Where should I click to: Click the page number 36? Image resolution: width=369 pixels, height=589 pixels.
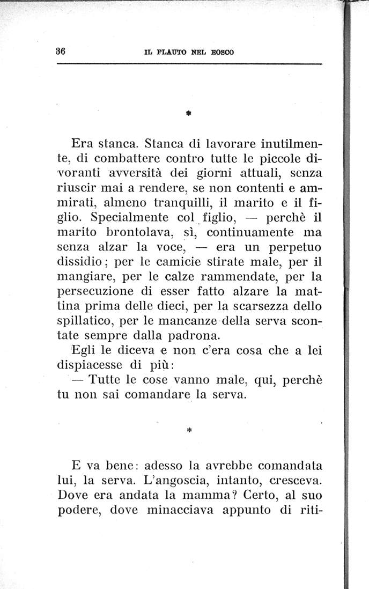(x=60, y=51)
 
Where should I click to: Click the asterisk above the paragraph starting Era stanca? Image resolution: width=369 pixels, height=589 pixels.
(x=190, y=114)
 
